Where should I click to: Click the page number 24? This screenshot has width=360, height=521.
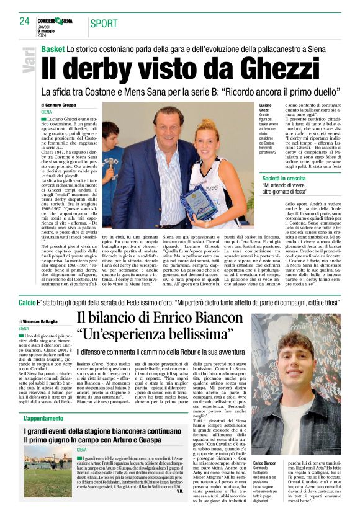(24, 22)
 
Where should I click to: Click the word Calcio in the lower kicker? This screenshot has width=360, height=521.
(27, 303)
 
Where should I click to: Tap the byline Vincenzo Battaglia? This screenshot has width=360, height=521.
(47, 321)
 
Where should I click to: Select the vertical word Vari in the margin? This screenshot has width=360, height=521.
(29, 62)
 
